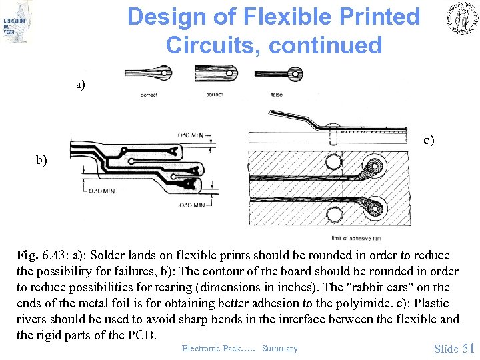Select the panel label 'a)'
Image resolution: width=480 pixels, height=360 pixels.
click(81, 85)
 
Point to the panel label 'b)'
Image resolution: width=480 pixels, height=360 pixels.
click(42, 161)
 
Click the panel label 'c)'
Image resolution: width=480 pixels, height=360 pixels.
click(428, 140)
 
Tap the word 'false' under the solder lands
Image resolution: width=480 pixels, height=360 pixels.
click(277, 95)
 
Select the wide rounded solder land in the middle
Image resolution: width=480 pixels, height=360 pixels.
click(215, 73)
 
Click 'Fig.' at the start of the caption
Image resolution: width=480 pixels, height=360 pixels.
click(28, 255)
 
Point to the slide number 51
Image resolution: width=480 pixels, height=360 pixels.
click(467, 348)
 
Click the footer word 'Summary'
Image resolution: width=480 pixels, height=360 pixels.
click(280, 349)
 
